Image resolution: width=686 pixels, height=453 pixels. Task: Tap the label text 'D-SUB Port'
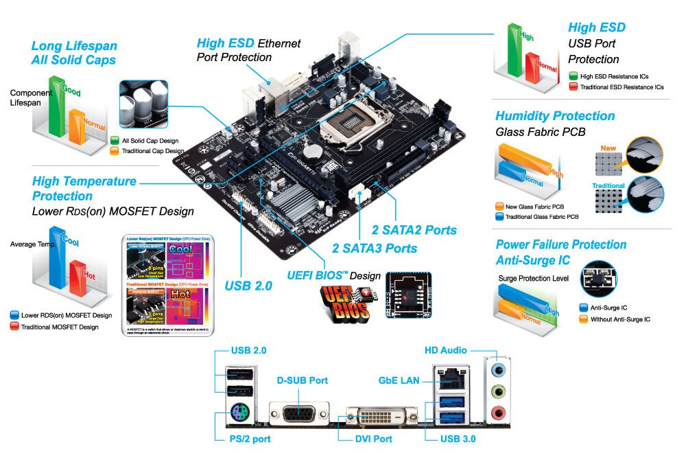click(x=302, y=380)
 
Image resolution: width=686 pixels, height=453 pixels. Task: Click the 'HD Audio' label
click(x=445, y=351)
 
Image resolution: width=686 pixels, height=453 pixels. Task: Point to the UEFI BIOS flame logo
click(x=347, y=303)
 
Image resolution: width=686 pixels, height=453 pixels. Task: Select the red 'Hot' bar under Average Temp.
click(x=77, y=278)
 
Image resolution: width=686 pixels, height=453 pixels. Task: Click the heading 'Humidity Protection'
click(x=555, y=116)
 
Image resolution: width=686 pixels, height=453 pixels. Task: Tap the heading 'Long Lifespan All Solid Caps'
click(x=74, y=53)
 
